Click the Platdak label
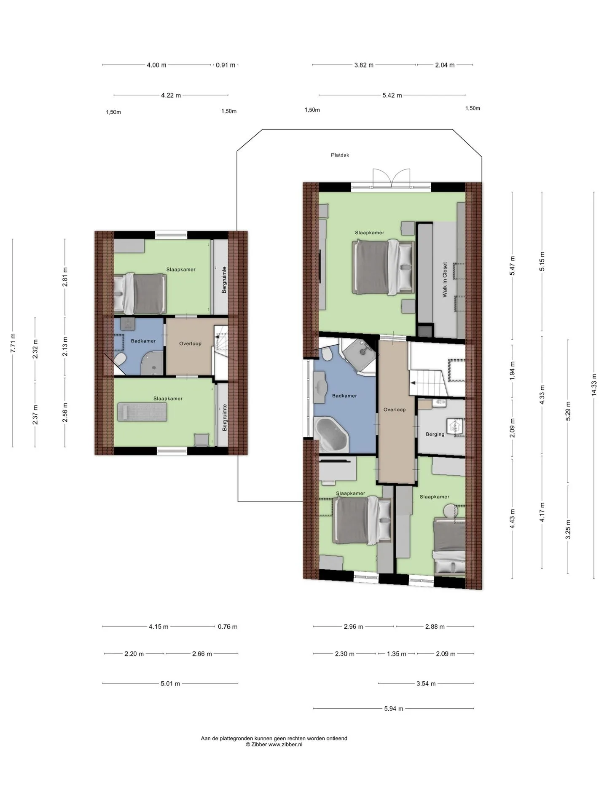(x=340, y=155)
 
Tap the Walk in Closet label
(x=445, y=280)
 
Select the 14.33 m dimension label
(x=594, y=385)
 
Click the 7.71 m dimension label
(x=13, y=343)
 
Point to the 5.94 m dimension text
(x=394, y=709)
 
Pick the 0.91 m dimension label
(x=226, y=65)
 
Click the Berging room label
(x=435, y=434)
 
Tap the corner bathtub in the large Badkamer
(x=332, y=434)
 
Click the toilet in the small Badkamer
(x=120, y=360)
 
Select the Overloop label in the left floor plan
(x=190, y=343)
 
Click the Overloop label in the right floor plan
(x=395, y=410)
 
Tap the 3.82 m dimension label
(x=364, y=65)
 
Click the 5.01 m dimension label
(x=170, y=683)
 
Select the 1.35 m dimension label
(x=397, y=654)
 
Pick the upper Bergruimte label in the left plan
(x=224, y=280)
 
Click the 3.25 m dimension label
(x=568, y=530)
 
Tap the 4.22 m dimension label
(x=171, y=95)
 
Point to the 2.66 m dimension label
(x=202, y=654)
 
